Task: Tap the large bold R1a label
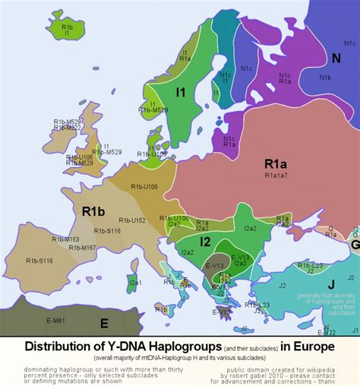275,163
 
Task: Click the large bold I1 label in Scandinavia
181,92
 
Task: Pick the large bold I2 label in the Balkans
204,242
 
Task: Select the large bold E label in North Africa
104,323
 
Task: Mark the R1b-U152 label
132,220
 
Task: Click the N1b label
325,78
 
